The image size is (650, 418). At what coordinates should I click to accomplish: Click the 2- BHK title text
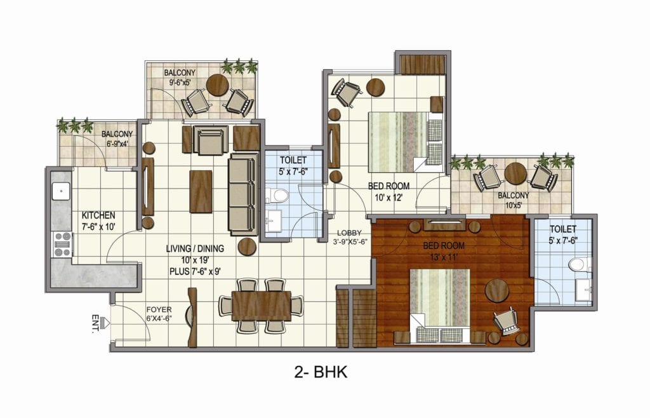click(x=321, y=372)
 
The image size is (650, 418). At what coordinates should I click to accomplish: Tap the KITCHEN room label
click(x=98, y=215)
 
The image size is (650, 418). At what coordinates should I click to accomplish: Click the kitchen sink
click(x=61, y=191)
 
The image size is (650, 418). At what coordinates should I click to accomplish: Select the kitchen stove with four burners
click(x=63, y=244)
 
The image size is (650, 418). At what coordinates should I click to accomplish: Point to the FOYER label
click(x=159, y=310)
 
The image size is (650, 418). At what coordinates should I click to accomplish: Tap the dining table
click(x=261, y=306)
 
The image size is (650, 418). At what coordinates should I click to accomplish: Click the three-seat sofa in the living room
click(x=243, y=195)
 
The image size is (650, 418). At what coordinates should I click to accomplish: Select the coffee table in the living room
click(x=201, y=192)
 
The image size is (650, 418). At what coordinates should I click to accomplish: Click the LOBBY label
click(x=349, y=233)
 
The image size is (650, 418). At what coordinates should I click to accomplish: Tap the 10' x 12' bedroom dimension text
click(x=388, y=198)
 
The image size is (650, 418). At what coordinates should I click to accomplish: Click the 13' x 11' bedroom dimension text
click(x=443, y=257)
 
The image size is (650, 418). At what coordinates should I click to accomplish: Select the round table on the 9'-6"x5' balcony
click(x=217, y=85)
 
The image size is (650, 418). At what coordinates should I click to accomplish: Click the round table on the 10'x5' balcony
click(x=515, y=173)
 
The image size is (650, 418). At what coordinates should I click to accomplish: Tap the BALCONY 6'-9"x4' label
click(x=117, y=139)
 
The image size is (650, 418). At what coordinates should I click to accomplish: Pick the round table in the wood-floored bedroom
click(x=496, y=290)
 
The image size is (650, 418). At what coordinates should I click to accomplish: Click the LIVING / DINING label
click(x=195, y=249)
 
